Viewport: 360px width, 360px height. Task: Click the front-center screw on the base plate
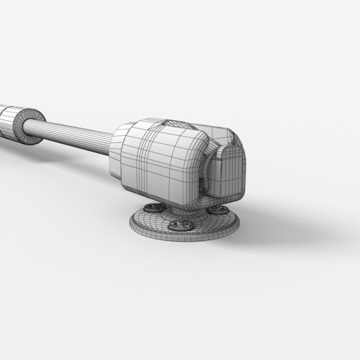[181, 224]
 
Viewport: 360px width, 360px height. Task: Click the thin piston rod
[79, 131]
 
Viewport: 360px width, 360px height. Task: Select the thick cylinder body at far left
[7, 121]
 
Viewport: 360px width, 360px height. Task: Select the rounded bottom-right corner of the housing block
[191, 197]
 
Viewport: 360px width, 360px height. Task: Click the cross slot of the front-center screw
[181, 224]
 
